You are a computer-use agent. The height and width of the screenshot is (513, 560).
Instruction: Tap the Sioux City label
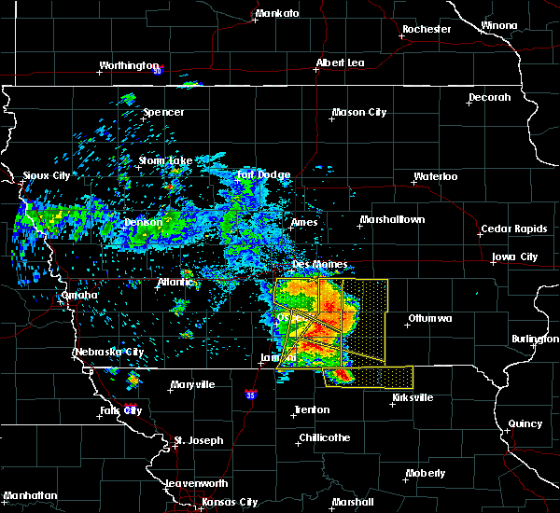tap(47, 175)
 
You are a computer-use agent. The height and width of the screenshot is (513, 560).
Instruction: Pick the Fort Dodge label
tap(263, 174)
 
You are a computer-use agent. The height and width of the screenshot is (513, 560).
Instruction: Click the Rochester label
tap(427, 29)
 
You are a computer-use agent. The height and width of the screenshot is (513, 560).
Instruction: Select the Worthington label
tap(129, 66)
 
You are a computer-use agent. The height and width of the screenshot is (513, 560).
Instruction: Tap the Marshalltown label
tap(392, 220)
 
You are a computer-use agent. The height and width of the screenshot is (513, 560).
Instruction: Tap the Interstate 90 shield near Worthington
tap(158, 70)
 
